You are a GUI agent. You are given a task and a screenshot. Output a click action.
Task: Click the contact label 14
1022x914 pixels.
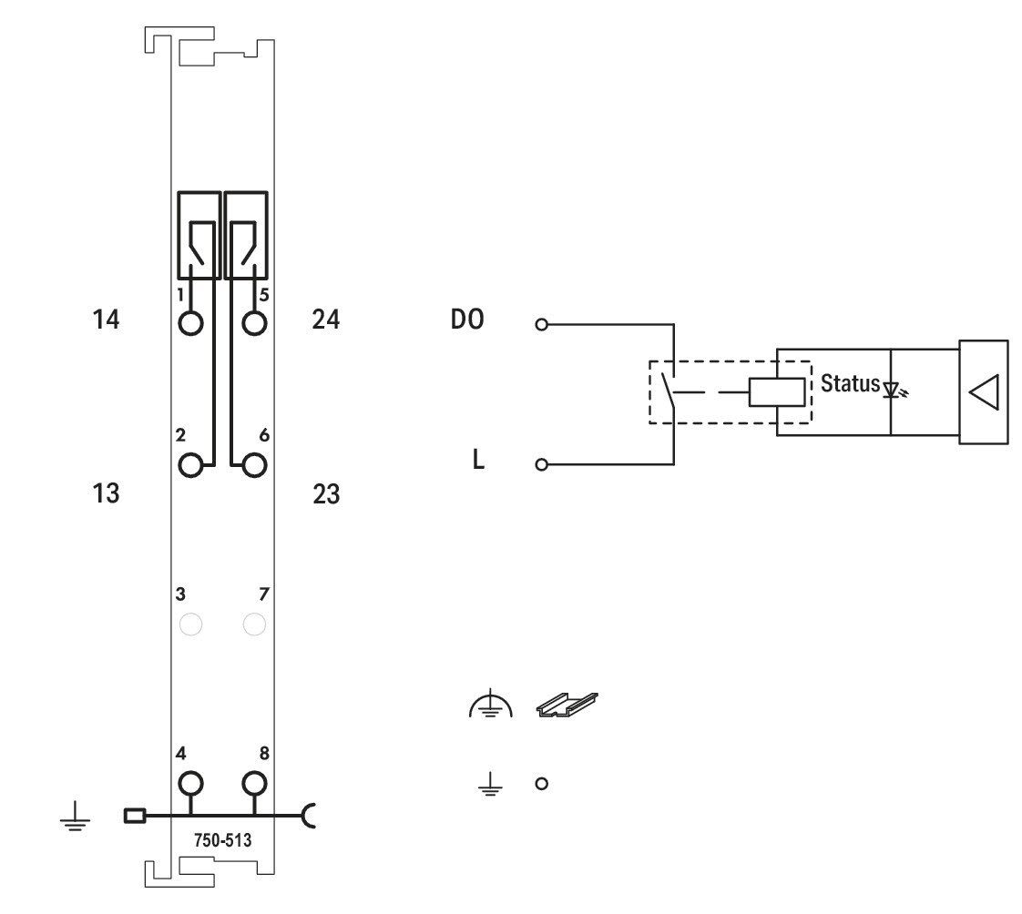coord(106,320)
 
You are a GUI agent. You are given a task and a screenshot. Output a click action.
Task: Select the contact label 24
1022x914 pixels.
coord(326,320)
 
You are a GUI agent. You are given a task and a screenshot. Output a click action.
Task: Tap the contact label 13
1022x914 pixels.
coord(106,493)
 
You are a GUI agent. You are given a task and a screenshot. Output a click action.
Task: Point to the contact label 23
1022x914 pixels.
coord(326,493)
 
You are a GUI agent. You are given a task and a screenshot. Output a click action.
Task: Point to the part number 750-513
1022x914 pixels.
coord(222,840)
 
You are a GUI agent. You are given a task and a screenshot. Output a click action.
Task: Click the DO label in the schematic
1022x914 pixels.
coord(467,320)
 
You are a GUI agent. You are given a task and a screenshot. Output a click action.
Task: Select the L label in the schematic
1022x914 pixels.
coord(478,460)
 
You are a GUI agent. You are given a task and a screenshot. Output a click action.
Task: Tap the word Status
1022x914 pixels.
coord(850,383)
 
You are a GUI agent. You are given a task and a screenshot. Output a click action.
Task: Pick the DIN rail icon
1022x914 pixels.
coord(567,705)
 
